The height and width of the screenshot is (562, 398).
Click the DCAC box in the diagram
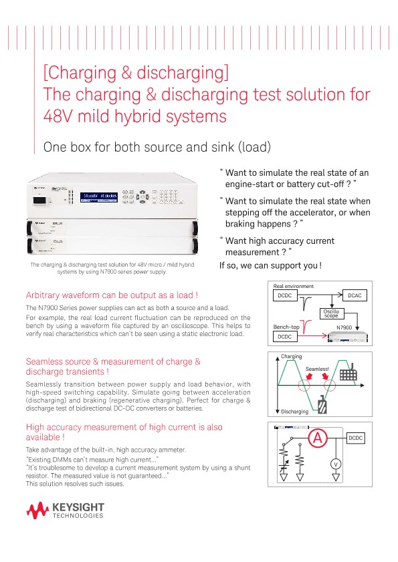tap(355, 295)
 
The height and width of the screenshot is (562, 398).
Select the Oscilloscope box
tap(331, 313)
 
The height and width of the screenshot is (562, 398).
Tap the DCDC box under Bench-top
tap(285, 337)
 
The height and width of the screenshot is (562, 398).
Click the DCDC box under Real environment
tap(285, 295)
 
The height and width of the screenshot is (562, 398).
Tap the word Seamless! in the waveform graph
tap(317, 368)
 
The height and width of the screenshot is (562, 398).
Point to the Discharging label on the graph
tap(295, 411)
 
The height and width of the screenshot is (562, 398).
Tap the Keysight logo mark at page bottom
tap(39, 511)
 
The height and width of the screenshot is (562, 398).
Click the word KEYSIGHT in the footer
tap(78, 509)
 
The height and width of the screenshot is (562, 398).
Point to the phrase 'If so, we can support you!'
tap(270, 265)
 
